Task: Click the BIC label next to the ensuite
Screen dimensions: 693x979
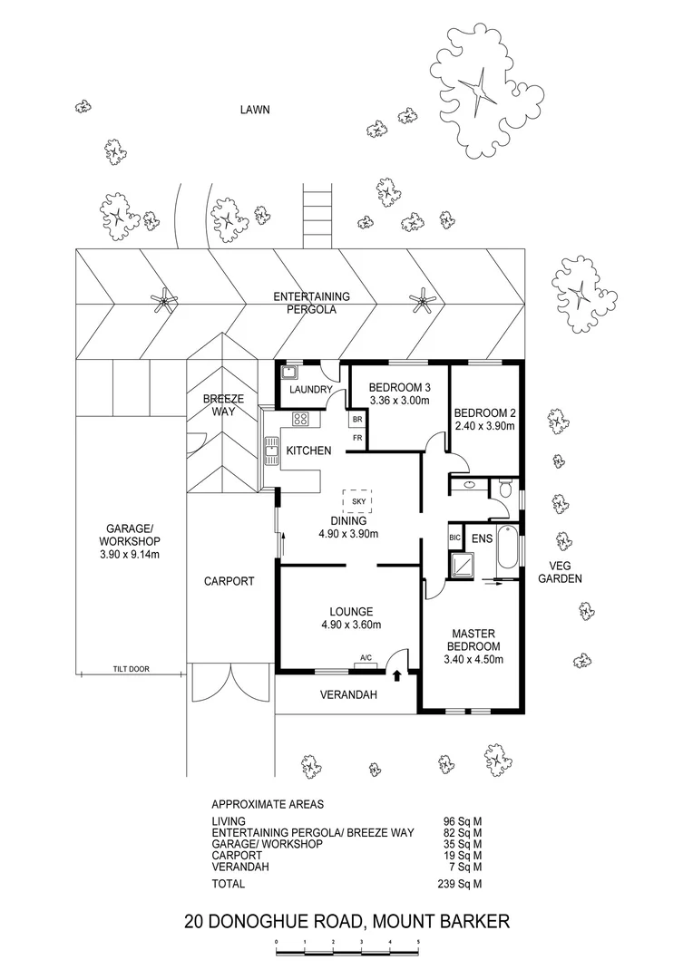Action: (x=455, y=538)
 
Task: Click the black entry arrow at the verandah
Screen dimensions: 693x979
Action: (x=396, y=674)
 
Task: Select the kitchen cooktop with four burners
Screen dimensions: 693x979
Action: (x=301, y=420)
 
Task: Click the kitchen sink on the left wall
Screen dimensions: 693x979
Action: (x=270, y=448)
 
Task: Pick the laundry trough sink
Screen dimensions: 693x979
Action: (x=290, y=372)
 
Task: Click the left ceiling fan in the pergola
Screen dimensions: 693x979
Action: (x=164, y=299)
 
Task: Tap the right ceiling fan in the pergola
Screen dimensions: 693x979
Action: (x=423, y=299)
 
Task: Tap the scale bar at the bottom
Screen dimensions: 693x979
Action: (x=347, y=946)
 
